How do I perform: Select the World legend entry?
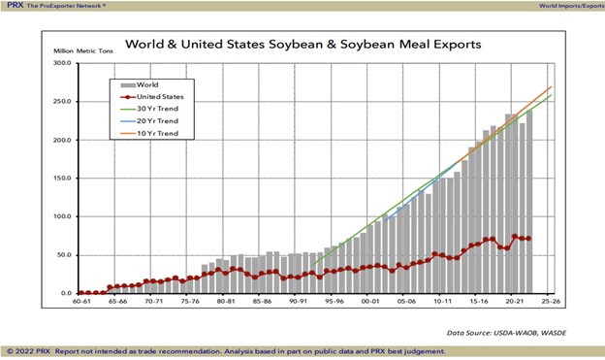click(x=148, y=84)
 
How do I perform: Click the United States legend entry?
click(x=159, y=97)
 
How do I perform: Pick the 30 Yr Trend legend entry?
click(x=154, y=110)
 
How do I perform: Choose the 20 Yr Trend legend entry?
click(x=154, y=122)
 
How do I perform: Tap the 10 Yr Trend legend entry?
click(x=154, y=135)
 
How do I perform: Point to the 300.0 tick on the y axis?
click(x=62, y=63)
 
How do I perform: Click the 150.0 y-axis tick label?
click(x=62, y=178)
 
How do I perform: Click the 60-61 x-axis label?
click(x=83, y=302)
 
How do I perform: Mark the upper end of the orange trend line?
click(x=552, y=86)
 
